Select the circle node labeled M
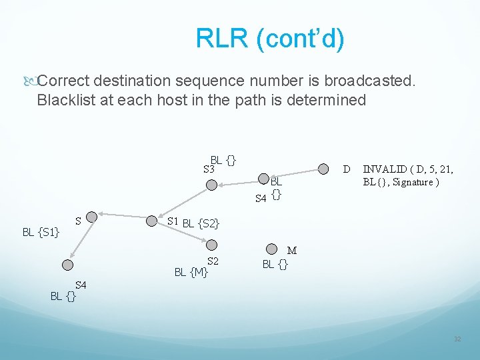(x=271, y=249)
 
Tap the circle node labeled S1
(x=153, y=221)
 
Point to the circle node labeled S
(x=92, y=216)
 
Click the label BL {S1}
(x=41, y=232)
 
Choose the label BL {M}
(x=191, y=271)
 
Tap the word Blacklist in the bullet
(x=65, y=100)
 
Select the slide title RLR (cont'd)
(x=270, y=39)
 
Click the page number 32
(x=457, y=339)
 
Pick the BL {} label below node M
(x=275, y=264)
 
